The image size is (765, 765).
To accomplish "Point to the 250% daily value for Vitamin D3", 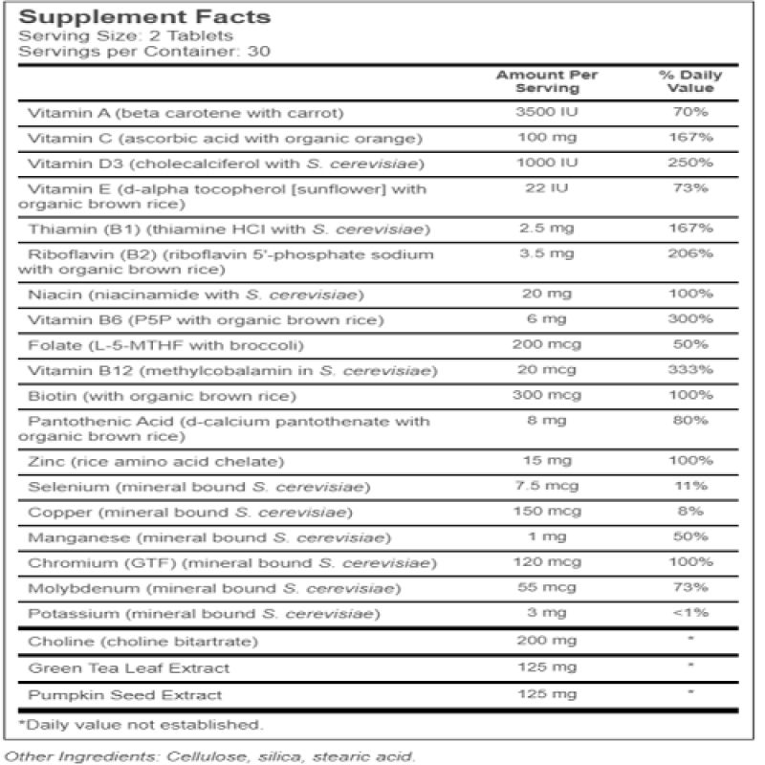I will pos(689,163).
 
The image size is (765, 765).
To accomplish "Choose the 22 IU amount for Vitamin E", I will pos(538,187).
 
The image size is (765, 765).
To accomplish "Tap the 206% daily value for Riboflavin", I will pos(689,254).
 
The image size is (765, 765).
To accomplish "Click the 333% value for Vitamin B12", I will pos(689,369).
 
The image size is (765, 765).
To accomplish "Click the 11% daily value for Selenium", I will pos(689,487).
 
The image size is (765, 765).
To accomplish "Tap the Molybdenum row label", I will pos(214,587).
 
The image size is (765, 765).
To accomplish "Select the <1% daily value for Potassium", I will pos(689,612).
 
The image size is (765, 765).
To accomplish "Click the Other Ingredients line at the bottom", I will pos(210,756).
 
